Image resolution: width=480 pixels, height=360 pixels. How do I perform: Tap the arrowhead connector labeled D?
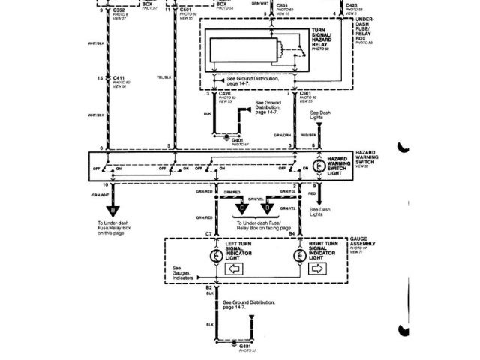[268, 207]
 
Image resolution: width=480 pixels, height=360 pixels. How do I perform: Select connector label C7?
[210, 234]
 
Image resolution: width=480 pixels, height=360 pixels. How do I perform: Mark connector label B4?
[292, 234]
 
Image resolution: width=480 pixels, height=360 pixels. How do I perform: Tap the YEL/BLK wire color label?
[164, 76]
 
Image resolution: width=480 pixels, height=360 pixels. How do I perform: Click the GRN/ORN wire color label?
[282, 135]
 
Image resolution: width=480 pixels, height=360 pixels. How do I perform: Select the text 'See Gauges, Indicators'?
[183, 271]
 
